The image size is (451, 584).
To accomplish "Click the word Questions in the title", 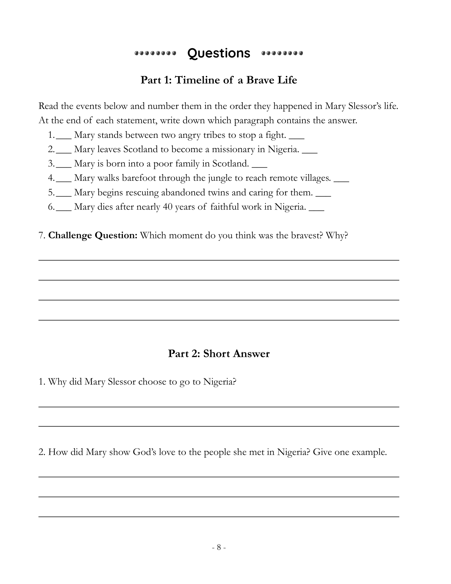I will [219, 53].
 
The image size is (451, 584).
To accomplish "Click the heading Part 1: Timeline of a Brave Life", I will [219, 80].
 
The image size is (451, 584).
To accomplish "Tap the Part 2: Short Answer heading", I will [219, 354].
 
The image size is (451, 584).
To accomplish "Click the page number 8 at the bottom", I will [219, 547].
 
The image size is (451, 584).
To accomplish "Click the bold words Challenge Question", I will [93, 235].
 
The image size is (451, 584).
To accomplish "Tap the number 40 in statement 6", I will [168, 207].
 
